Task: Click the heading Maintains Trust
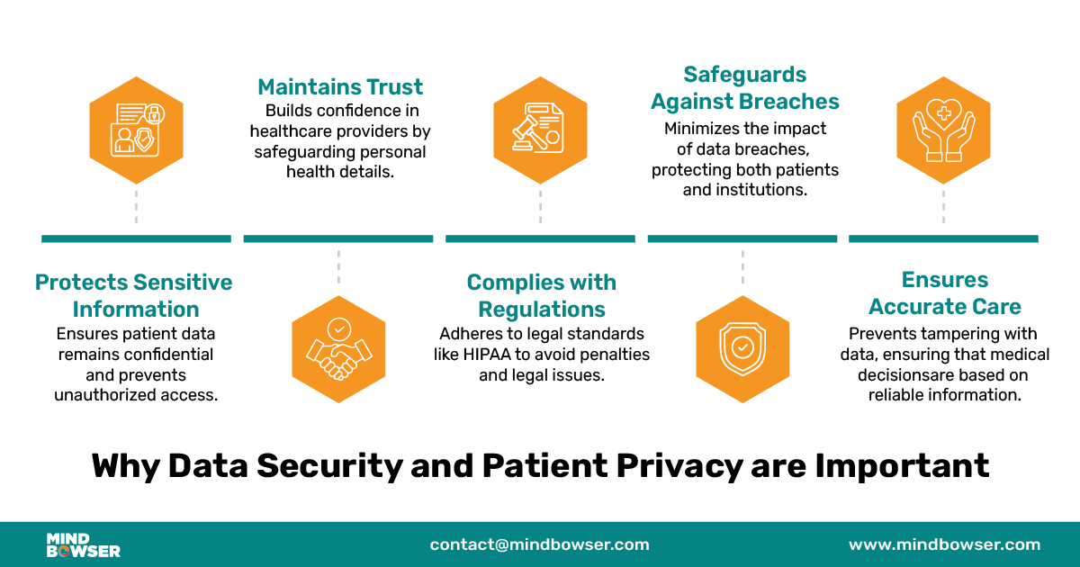point(340,87)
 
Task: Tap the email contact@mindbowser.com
point(539,544)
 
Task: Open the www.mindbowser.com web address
point(944,544)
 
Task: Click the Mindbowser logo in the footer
point(83,544)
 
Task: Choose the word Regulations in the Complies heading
point(542,310)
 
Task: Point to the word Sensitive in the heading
point(183,283)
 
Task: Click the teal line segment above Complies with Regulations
point(540,238)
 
